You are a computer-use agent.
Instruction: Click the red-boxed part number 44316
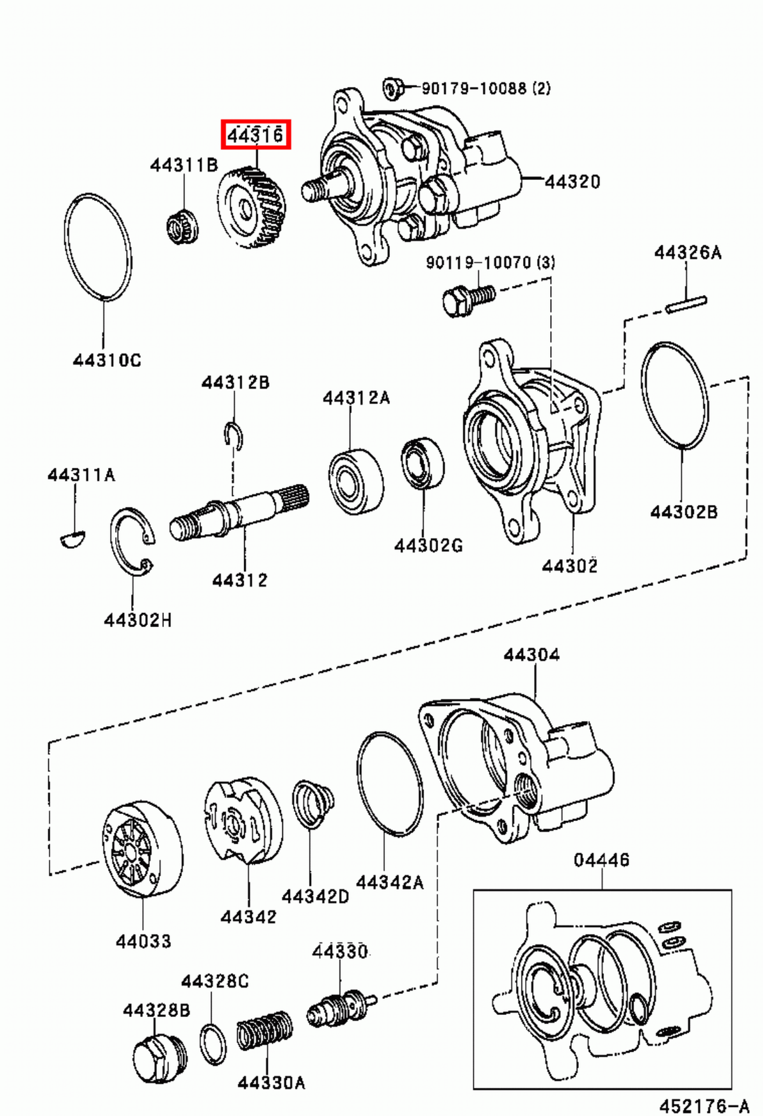pyautogui.click(x=256, y=134)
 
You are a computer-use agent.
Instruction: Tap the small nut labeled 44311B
pyautogui.click(x=183, y=226)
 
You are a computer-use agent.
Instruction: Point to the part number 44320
pyautogui.click(x=572, y=181)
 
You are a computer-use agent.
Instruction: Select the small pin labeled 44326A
pyautogui.click(x=686, y=304)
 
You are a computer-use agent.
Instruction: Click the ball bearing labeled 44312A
pyautogui.click(x=356, y=480)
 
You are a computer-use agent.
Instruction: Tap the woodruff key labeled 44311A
pyautogui.click(x=71, y=538)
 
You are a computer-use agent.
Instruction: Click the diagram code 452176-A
pyautogui.click(x=704, y=1106)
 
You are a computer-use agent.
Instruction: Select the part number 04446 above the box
pyautogui.click(x=601, y=859)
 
